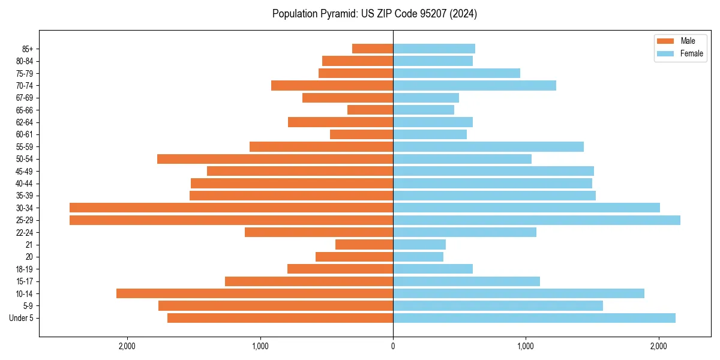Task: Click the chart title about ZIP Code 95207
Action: coord(374,14)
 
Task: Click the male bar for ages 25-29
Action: coord(231,220)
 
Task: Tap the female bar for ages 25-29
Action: coord(536,220)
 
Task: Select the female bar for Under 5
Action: coord(534,318)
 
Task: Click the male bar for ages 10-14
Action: coord(254,293)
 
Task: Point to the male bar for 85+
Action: coord(373,49)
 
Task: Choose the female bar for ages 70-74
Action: coord(474,85)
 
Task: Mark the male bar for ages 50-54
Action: coord(275,159)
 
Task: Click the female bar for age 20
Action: coord(418,257)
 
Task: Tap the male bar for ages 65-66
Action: coord(370,110)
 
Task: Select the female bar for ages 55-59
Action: coord(488,146)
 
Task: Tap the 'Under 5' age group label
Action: coord(21,318)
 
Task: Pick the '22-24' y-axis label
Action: coord(25,232)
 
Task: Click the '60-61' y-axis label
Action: coord(25,134)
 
